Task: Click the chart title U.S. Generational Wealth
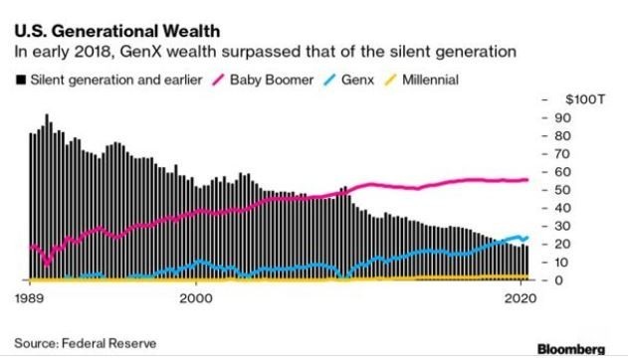117,31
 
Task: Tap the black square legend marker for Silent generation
21,80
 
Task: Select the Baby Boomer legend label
272,80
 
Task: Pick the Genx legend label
357,80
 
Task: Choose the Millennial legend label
430,80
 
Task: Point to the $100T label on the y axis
585,99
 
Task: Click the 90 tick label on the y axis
562,118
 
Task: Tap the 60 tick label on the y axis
562,172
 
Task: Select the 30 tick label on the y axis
562,226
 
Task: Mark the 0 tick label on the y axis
558,280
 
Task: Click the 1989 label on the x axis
30,298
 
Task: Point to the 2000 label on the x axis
196,298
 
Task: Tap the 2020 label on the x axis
520,298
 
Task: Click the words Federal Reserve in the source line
108,344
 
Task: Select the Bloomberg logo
571,349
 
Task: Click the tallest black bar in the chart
47,197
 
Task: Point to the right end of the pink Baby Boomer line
527,180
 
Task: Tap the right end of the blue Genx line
527,238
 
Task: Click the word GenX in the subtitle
140,52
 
